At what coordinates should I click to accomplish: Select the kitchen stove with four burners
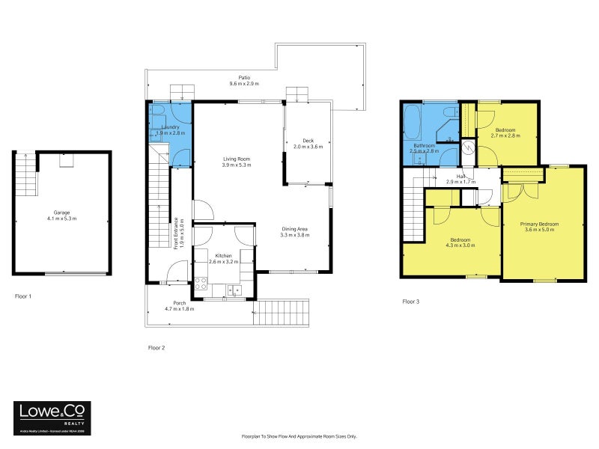201,284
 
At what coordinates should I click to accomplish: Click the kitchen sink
234,290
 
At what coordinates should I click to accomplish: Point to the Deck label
308,141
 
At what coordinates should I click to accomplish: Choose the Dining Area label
294,229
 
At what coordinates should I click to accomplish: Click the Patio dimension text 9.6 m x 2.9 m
244,84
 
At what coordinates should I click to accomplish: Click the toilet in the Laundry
158,114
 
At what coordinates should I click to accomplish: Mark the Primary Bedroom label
539,224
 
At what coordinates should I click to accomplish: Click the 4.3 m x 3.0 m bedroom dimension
460,245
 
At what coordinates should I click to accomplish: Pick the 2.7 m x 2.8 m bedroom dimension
505,136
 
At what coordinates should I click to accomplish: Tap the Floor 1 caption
23,297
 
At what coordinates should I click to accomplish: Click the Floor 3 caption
411,302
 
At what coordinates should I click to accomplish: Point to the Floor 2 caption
156,348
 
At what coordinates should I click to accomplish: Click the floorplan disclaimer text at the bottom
299,436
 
